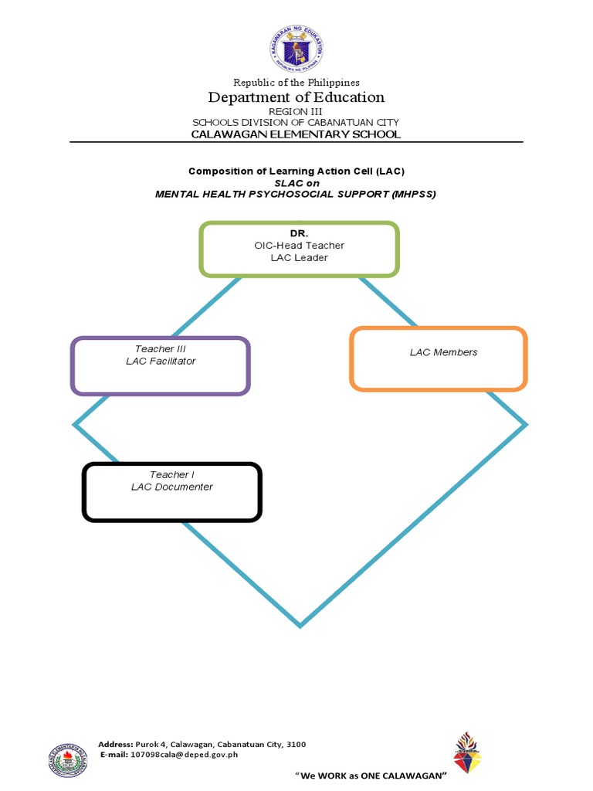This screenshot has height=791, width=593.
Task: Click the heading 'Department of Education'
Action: [x=296, y=97]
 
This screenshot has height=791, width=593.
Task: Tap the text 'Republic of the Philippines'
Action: [x=296, y=83]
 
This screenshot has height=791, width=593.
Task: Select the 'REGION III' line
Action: [x=296, y=112]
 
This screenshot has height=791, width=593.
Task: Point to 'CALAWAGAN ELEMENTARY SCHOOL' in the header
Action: [x=296, y=134]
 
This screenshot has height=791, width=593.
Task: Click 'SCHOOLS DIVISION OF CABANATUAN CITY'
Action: [x=296, y=123]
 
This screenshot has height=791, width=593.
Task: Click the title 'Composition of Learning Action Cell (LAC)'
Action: [x=296, y=171]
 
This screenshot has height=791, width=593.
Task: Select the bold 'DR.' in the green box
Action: [x=299, y=233]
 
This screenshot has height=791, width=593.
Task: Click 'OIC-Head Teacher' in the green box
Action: [x=299, y=246]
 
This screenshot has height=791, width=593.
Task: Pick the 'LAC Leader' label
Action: [x=299, y=258]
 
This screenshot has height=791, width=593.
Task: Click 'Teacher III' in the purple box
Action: [x=161, y=349]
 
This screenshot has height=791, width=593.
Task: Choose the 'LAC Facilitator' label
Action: [x=161, y=362]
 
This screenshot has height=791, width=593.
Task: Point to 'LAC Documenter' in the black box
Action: [x=171, y=487]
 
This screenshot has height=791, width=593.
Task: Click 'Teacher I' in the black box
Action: [x=171, y=475]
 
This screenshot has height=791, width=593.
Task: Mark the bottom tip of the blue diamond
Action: [x=300, y=625]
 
